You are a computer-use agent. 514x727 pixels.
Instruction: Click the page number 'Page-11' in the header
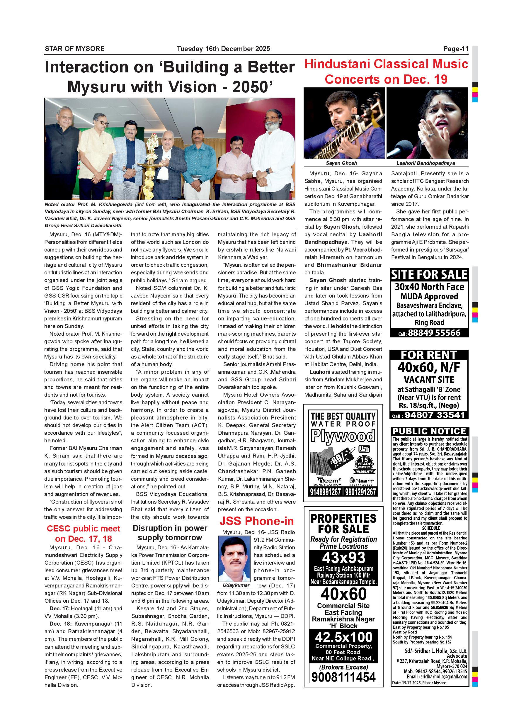pos(455,49)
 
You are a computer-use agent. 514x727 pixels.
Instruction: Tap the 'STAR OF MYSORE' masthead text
pos(75,49)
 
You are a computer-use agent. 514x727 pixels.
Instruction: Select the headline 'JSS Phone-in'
pos(256,521)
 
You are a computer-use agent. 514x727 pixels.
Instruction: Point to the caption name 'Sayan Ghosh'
pos(341,163)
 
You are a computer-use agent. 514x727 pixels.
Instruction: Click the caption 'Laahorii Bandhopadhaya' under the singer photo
pos(426,163)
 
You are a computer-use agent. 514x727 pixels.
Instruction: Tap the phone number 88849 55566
pos(434,333)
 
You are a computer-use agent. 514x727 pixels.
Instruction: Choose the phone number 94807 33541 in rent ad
pos(435,415)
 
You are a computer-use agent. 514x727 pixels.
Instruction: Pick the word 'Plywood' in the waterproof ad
pos(343,436)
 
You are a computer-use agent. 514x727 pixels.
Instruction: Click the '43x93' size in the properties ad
pos(343,558)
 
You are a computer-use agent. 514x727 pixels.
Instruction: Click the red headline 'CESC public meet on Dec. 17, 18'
pos(83,534)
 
